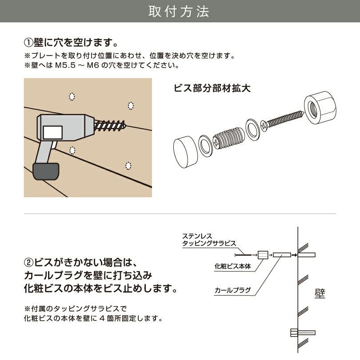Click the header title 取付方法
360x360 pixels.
(180, 12)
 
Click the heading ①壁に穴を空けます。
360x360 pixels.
(71, 43)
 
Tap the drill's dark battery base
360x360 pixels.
(46, 171)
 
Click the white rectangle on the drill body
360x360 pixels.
(52, 132)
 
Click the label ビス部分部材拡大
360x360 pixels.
(212, 88)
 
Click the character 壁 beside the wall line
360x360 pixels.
(320, 294)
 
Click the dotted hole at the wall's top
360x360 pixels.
(72, 96)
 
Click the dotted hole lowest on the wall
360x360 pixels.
(128, 166)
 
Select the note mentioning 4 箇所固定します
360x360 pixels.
(93, 319)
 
